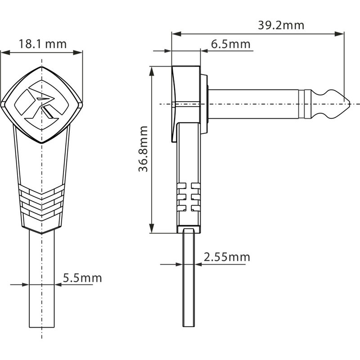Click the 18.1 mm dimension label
[42, 44]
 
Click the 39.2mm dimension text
[281, 25]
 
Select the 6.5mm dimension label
[230, 44]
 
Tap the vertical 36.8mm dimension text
[143, 149]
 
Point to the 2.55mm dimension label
[226, 257]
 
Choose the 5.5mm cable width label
[82, 278]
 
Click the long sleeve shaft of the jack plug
[254, 104]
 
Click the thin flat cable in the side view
[189, 279]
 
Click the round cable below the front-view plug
[42, 279]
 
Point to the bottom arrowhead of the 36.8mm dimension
[152, 230]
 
